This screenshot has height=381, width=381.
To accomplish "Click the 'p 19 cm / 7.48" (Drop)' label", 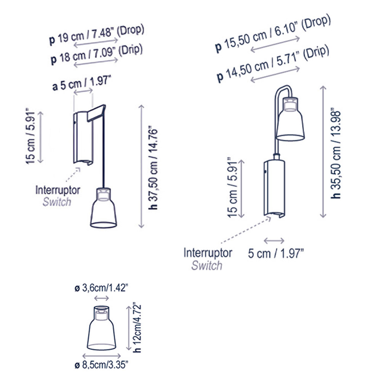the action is [x=96, y=35].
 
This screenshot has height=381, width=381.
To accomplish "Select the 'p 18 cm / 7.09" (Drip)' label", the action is [x=96, y=54].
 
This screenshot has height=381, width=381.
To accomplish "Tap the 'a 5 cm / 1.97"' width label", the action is [x=82, y=83].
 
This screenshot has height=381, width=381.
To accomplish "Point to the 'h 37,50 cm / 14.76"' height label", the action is [x=153, y=167].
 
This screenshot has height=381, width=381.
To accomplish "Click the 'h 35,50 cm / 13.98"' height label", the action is [x=336, y=155].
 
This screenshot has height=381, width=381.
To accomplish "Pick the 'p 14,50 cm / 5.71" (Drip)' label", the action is [x=273, y=64].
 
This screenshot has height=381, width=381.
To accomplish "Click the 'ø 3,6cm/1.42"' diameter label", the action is [x=101, y=288].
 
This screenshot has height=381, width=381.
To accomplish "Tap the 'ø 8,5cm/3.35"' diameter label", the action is [x=101, y=365].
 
